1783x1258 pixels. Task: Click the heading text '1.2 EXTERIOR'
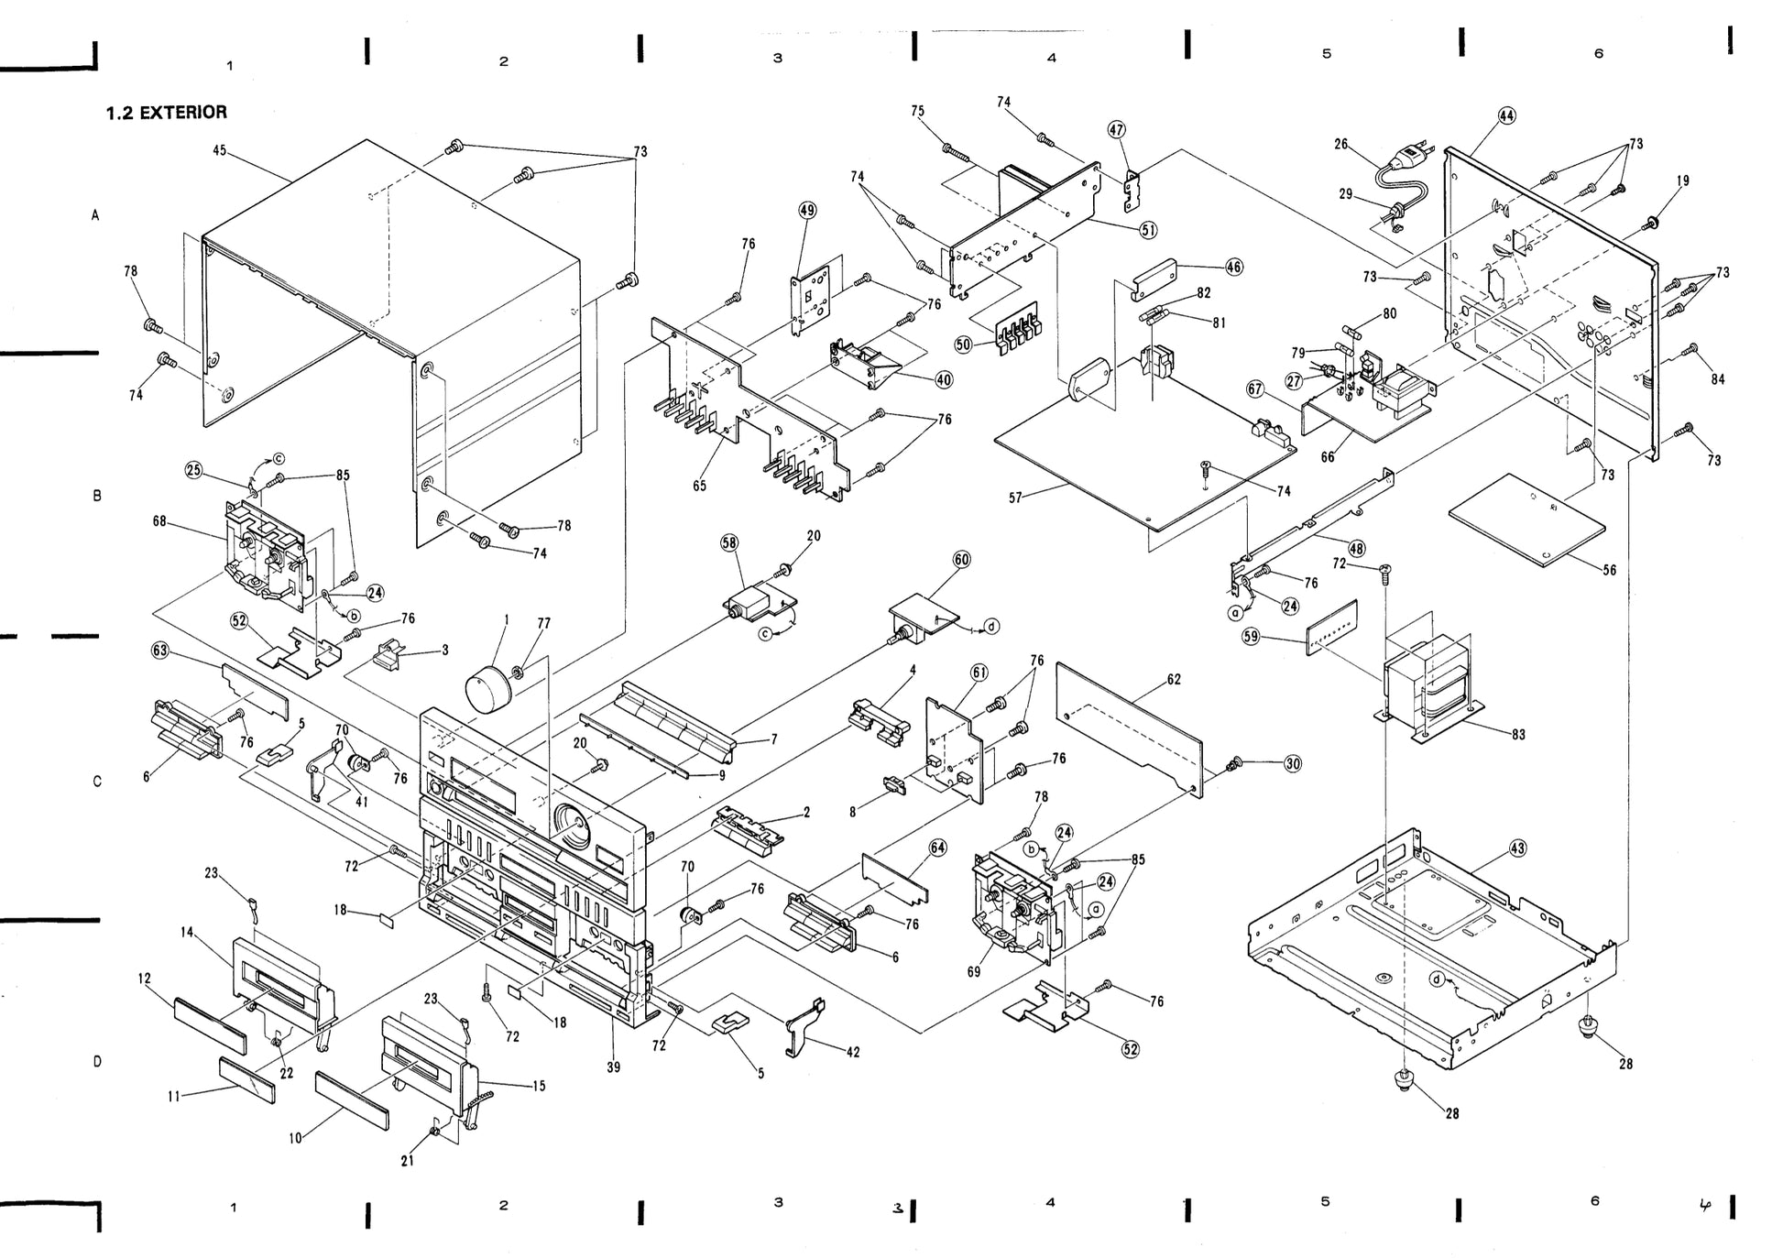coord(166,113)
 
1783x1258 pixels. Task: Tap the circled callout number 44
coord(1507,115)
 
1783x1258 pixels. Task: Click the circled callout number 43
coord(1517,848)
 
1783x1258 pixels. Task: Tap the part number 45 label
coord(220,150)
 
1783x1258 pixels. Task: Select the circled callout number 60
coord(961,560)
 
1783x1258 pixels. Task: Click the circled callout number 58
coord(729,542)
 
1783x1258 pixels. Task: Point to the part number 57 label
coord(1015,498)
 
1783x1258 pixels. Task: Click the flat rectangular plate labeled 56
coord(1527,520)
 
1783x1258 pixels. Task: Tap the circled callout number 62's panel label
coord(1174,680)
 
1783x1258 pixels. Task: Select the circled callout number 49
coord(807,210)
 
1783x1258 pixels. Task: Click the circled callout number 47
coord(1117,130)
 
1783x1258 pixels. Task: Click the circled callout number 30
coord(1292,763)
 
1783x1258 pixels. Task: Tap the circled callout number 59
coord(1251,636)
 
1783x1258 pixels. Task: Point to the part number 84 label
coord(1717,379)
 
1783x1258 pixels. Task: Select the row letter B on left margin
coord(97,496)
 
